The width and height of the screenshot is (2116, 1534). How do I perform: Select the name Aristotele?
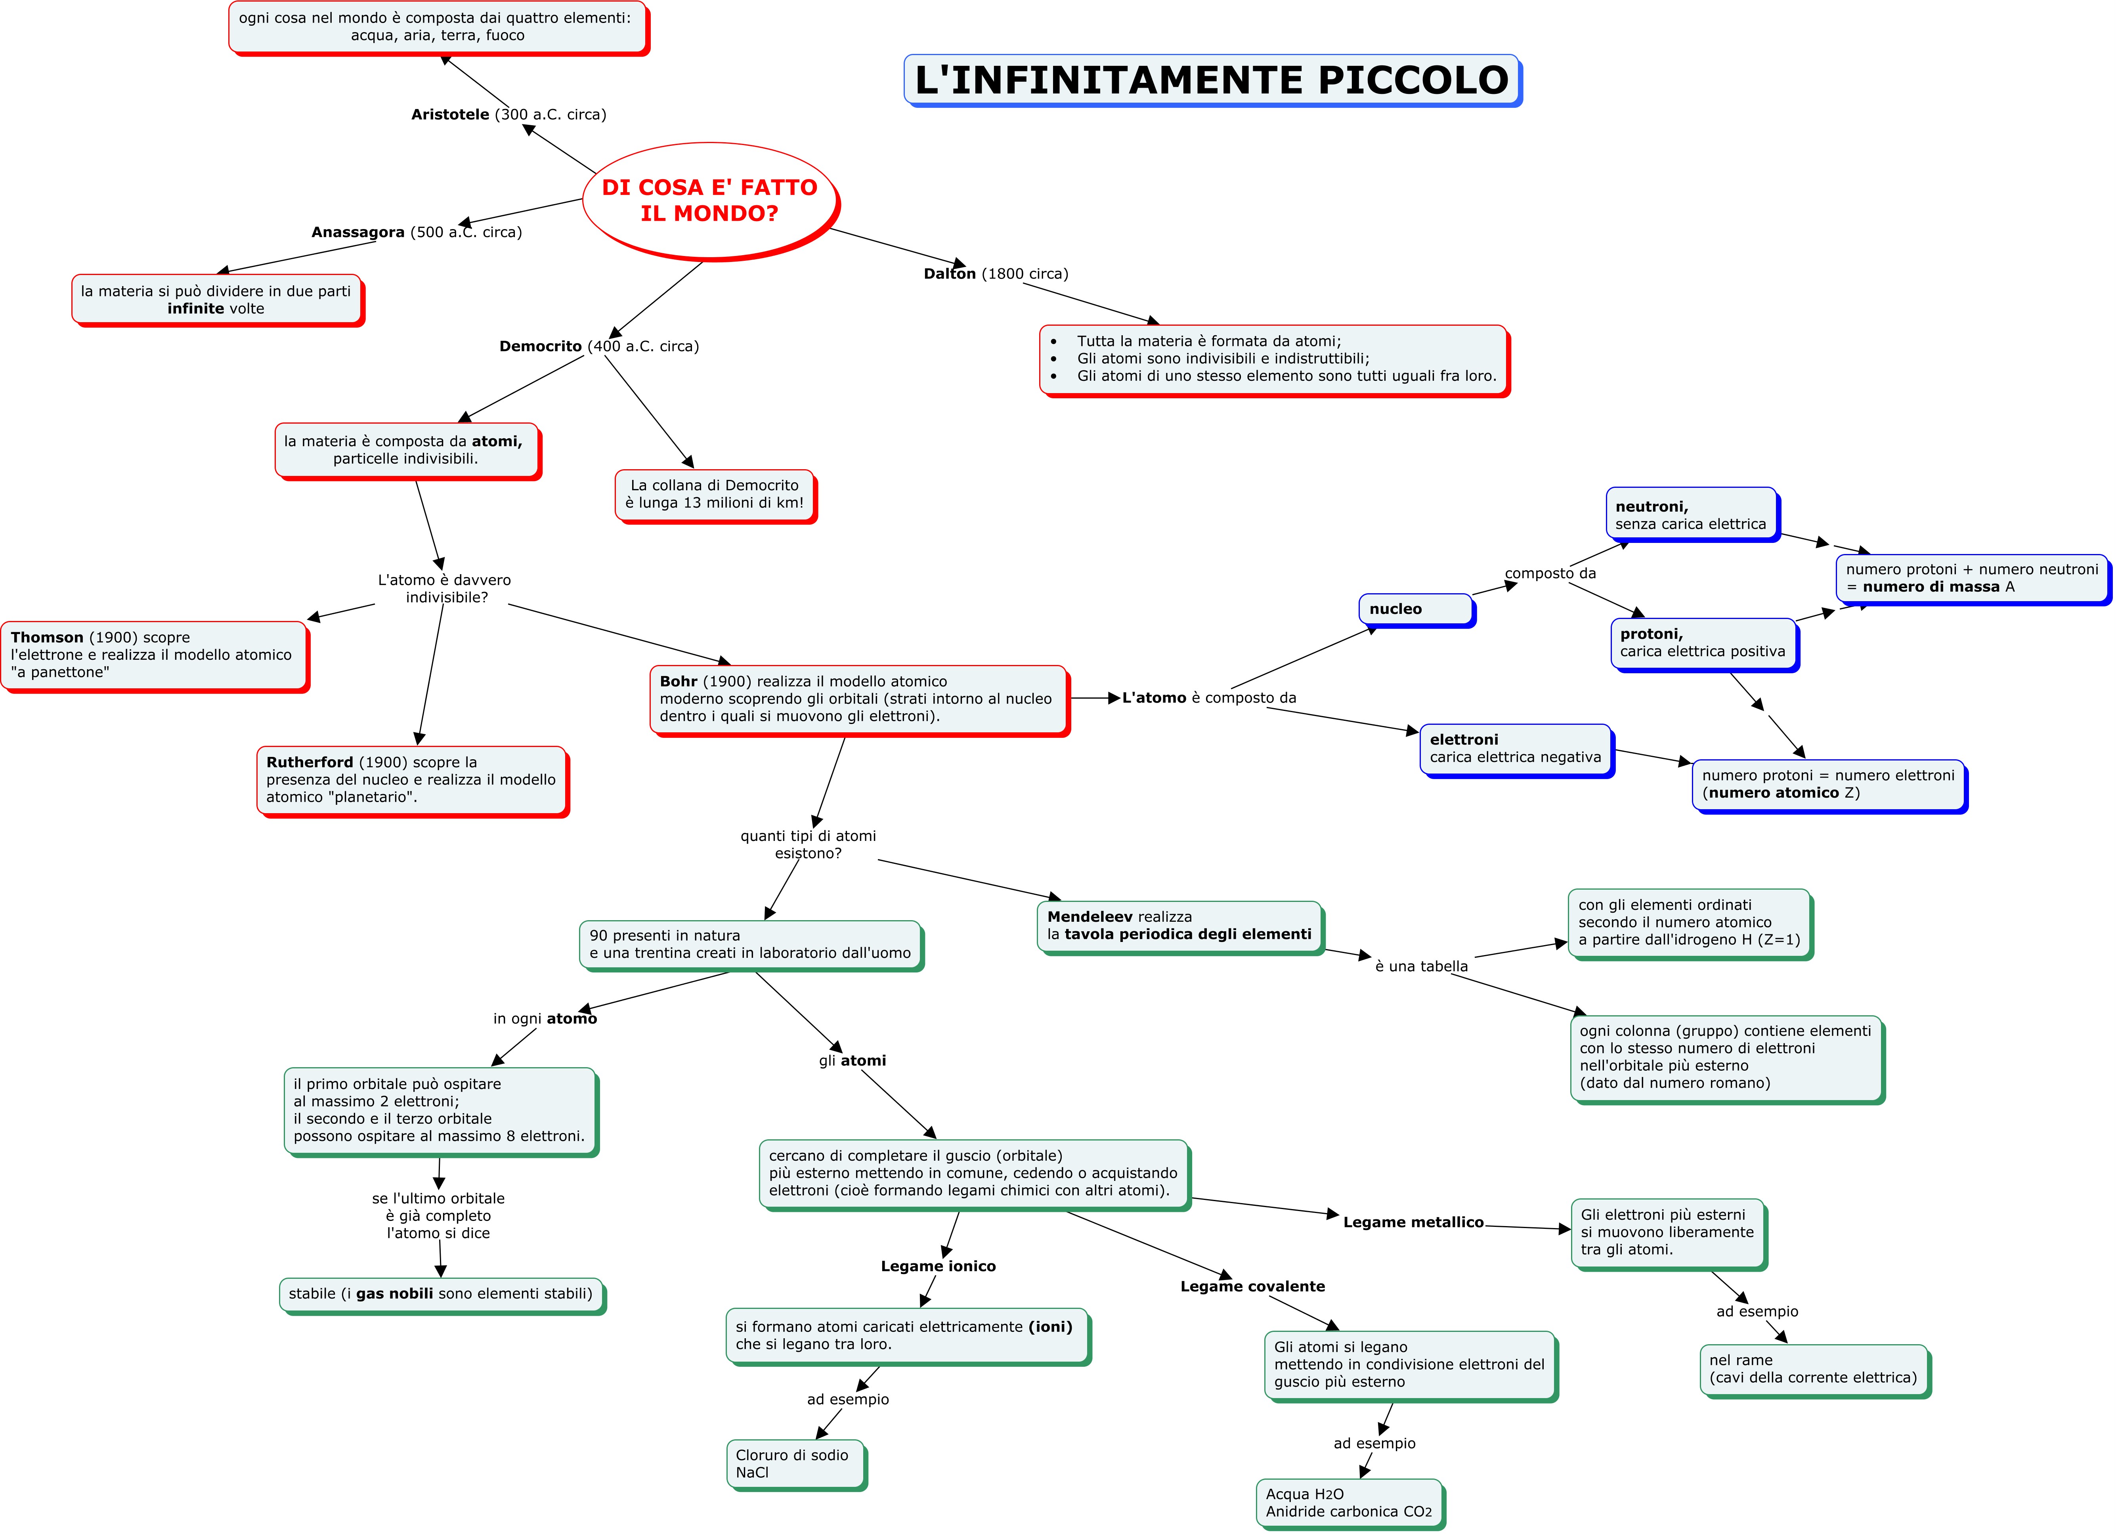point(451,114)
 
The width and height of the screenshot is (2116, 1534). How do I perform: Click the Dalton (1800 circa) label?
point(996,273)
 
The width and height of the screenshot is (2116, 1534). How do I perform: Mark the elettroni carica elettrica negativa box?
point(1515,748)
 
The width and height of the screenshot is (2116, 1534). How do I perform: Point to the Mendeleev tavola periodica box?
point(1179,926)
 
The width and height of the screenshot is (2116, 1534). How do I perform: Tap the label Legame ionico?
point(938,1266)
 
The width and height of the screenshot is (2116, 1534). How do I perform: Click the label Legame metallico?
point(1413,1223)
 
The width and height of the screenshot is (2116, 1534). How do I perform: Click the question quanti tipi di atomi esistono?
point(808,844)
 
